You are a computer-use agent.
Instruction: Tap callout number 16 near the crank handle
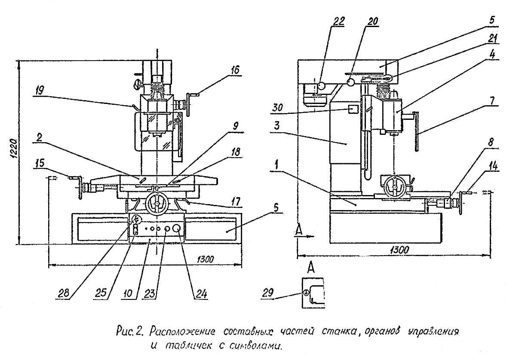(x=235, y=70)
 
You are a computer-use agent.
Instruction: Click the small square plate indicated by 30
(x=353, y=109)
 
